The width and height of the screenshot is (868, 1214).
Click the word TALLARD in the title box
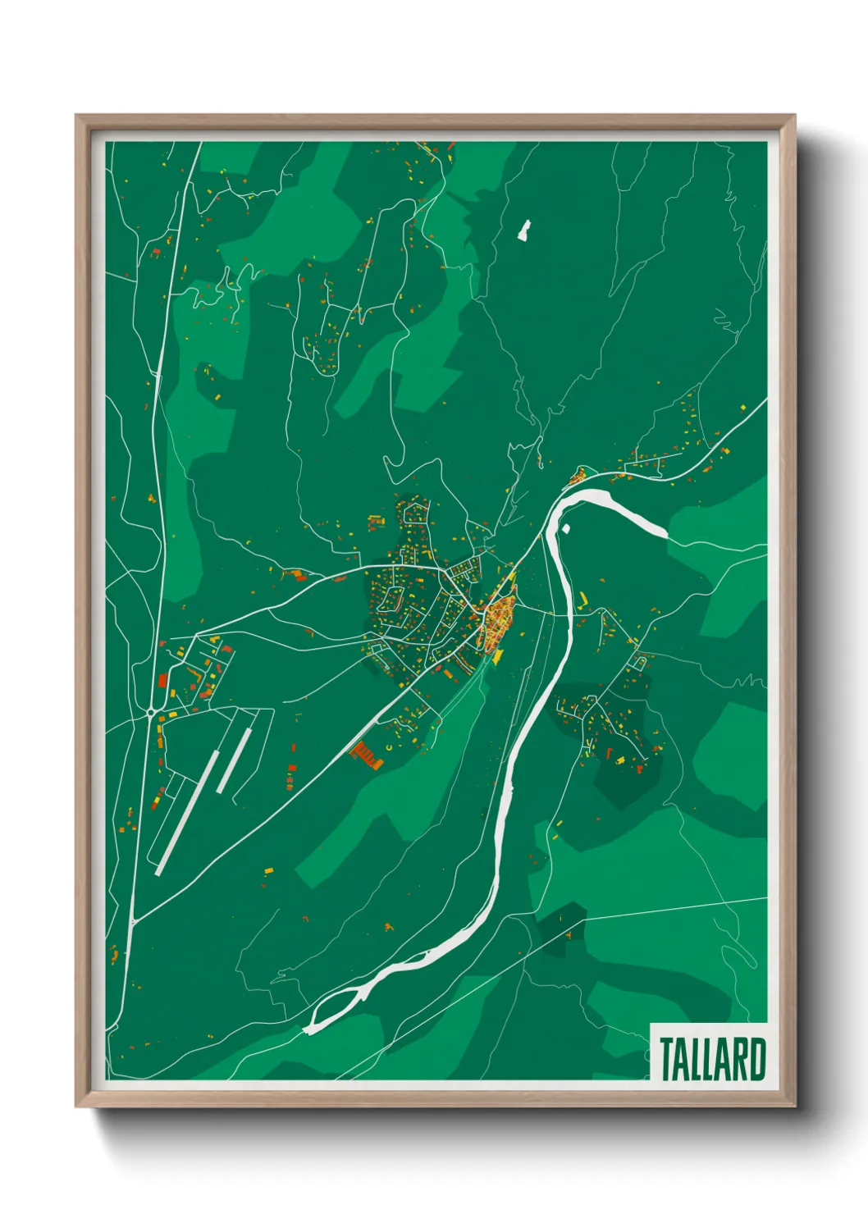pos(712,1058)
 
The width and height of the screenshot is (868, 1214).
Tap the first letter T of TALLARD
pos(667,1058)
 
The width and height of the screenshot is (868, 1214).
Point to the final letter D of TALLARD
pos(757,1058)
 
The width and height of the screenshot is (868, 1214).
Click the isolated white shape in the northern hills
pos(523,230)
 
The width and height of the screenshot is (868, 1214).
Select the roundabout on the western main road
pos(151,713)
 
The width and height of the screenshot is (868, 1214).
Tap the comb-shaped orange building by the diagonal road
pos(367,755)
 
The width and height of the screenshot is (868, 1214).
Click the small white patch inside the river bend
pos(565,528)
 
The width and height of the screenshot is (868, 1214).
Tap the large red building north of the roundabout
pos(162,680)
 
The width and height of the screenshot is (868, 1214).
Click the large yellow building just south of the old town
pos(497,656)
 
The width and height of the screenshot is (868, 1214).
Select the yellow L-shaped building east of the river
pos(584,598)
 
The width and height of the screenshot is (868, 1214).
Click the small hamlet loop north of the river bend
pos(578,475)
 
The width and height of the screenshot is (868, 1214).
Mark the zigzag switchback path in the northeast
pos(725,321)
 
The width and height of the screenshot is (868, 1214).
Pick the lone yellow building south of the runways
pos(268,869)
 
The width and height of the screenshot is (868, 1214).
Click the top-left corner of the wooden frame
pos(77,116)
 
